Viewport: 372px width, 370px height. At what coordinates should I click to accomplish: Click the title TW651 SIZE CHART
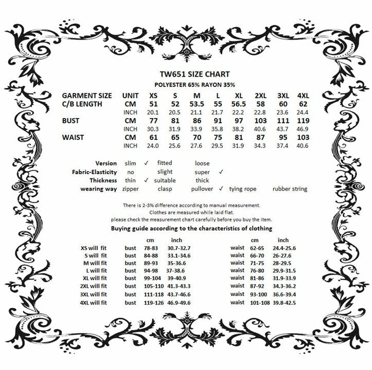coord(185,73)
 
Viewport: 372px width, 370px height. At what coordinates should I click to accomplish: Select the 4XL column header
coord(303,96)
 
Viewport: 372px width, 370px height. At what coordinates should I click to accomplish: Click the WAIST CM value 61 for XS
coord(153,137)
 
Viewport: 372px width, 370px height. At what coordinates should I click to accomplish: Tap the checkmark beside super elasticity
coord(220,172)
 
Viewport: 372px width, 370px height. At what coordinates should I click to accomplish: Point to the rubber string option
coord(290,189)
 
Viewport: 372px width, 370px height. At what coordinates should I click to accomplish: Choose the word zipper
coord(131,189)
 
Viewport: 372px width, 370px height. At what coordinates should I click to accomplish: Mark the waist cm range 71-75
coord(257,262)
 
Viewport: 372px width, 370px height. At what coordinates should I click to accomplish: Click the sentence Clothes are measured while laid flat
coord(185,212)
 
